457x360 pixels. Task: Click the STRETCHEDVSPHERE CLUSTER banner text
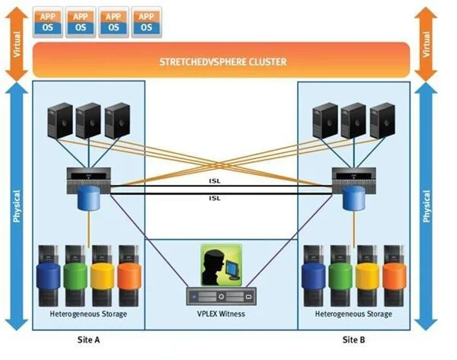tap(223, 62)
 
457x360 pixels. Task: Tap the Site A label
tap(88, 339)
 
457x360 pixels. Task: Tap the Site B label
tap(353, 339)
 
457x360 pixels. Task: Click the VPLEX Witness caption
tap(221, 314)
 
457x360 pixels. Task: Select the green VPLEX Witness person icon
tap(221, 265)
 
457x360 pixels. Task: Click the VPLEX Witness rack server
tap(221, 296)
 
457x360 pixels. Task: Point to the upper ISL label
tap(215, 181)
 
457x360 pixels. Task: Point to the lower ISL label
tap(215, 198)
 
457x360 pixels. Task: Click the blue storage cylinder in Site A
tap(49, 276)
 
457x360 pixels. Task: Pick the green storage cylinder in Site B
tap(340, 276)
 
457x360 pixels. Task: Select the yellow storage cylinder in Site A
tap(102, 276)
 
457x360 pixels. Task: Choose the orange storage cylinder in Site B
tap(395, 276)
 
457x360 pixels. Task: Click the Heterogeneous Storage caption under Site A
tap(88, 314)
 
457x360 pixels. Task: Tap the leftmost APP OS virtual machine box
tap(48, 22)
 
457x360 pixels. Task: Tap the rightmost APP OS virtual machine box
tap(146, 22)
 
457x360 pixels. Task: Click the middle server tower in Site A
tap(88, 120)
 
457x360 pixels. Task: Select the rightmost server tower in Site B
tap(382, 120)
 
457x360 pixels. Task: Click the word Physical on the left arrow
tap(17, 206)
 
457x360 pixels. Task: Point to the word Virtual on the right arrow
tap(427, 44)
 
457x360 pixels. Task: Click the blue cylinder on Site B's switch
tap(354, 199)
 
